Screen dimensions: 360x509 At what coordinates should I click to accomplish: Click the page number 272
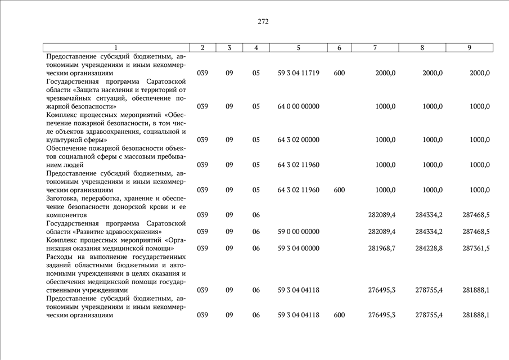click(263, 22)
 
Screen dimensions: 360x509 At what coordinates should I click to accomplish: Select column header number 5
click(299, 48)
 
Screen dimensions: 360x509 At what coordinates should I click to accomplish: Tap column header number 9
click(469, 48)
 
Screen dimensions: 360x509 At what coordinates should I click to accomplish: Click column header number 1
click(116, 48)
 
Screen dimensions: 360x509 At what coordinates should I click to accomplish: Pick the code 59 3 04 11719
click(299, 73)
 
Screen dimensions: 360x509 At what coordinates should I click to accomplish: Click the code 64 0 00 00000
click(299, 106)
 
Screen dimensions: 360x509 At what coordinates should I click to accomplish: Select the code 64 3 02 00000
click(299, 139)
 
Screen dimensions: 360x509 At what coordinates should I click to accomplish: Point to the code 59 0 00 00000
click(299, 231)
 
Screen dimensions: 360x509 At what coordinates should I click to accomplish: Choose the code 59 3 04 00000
click(299, 248)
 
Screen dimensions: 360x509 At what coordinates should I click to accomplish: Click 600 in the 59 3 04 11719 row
click(339, 73)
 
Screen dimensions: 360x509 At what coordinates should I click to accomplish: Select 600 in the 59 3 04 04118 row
click(339, 315)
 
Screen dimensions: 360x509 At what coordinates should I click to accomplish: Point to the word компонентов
click(66, 215)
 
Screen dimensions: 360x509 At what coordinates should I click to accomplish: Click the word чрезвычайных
click(67, 98)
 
